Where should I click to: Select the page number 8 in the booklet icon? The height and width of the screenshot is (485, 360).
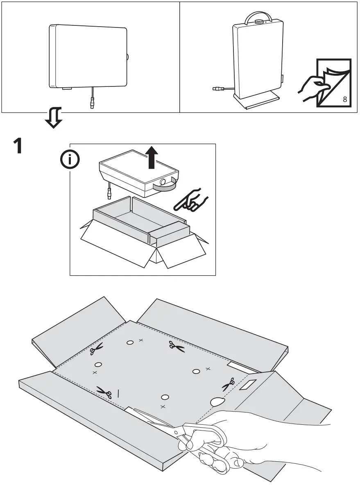click(345, 99)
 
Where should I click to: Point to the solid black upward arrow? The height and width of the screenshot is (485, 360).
click(152, 158)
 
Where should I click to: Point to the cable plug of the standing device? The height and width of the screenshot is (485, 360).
click(217, 88)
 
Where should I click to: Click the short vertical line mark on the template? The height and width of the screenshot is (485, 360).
click(119, 393)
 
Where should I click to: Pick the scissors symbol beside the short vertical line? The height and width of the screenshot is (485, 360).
click(104, 392)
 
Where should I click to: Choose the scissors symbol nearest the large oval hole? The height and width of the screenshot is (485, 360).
click(228, 384)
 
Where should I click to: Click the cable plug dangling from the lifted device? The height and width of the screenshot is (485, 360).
click(109, 191)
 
